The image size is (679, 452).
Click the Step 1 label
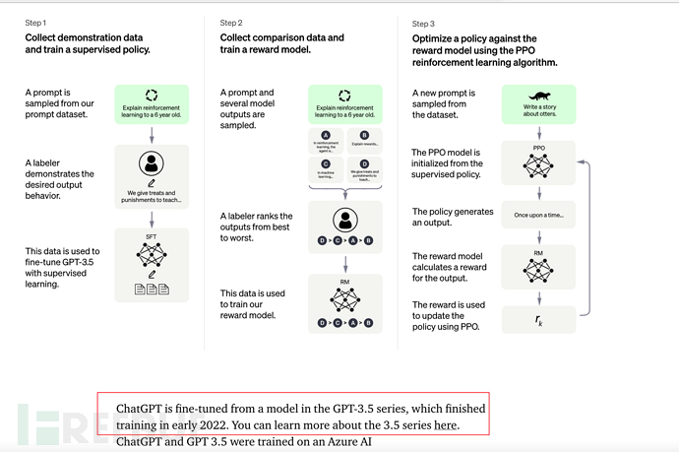point(35,22)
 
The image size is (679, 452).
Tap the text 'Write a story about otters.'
point(538,110)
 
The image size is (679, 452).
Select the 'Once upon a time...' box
point(538,214)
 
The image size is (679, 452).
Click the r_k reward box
point(538,319)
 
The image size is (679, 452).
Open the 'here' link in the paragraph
point(446,425)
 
